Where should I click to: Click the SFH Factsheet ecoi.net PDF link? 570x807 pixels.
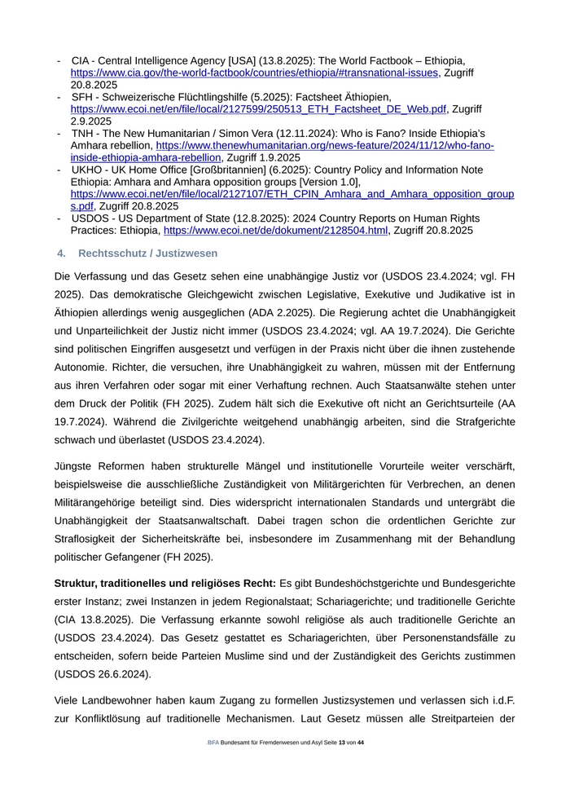tap(258, 108)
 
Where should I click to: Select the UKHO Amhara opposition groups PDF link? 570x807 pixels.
tap(292, 194)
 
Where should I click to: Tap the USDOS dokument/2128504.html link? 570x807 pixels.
tap(275, 231)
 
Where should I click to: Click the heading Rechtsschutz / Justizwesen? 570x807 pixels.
tap(148, 254)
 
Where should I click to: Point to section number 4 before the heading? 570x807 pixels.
tap(61, 254)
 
